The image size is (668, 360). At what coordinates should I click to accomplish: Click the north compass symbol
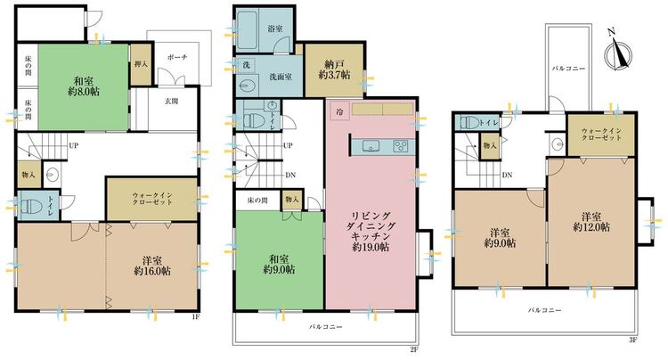click(x=616, y=52)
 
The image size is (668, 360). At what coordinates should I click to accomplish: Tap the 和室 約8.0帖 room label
click(x=84, y=86)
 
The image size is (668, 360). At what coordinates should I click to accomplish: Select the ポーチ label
click(x=177, y=57)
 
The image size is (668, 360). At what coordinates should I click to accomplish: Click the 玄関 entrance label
click(x=171, y=102)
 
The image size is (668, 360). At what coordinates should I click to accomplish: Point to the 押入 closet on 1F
click(x=141, y=64)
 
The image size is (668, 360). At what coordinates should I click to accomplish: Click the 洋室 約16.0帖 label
click(x=152, y=265)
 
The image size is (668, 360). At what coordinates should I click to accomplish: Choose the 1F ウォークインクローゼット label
click(x=152, y=199)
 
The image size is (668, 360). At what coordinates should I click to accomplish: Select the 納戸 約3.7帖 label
click(x=334, y=70)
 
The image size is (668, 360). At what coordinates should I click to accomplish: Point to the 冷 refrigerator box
click(x=340, y=112)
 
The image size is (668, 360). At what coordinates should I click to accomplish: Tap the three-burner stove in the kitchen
click(x=402, y=146)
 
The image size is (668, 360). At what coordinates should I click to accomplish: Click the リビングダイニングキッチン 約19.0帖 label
click(x=371, y=231)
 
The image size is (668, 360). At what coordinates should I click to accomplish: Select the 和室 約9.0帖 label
click(x=279, y=264)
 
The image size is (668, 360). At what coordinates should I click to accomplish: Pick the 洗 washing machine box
click(x=246, y=65)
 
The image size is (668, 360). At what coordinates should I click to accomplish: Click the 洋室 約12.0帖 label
click(x=591, y=221)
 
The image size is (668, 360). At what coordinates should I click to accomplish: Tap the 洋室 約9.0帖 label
click(x=501, y=238)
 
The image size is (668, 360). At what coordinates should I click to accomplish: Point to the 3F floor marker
click(x=632, y=340)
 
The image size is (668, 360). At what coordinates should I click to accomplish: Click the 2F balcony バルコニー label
click(x=325, y=327)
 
